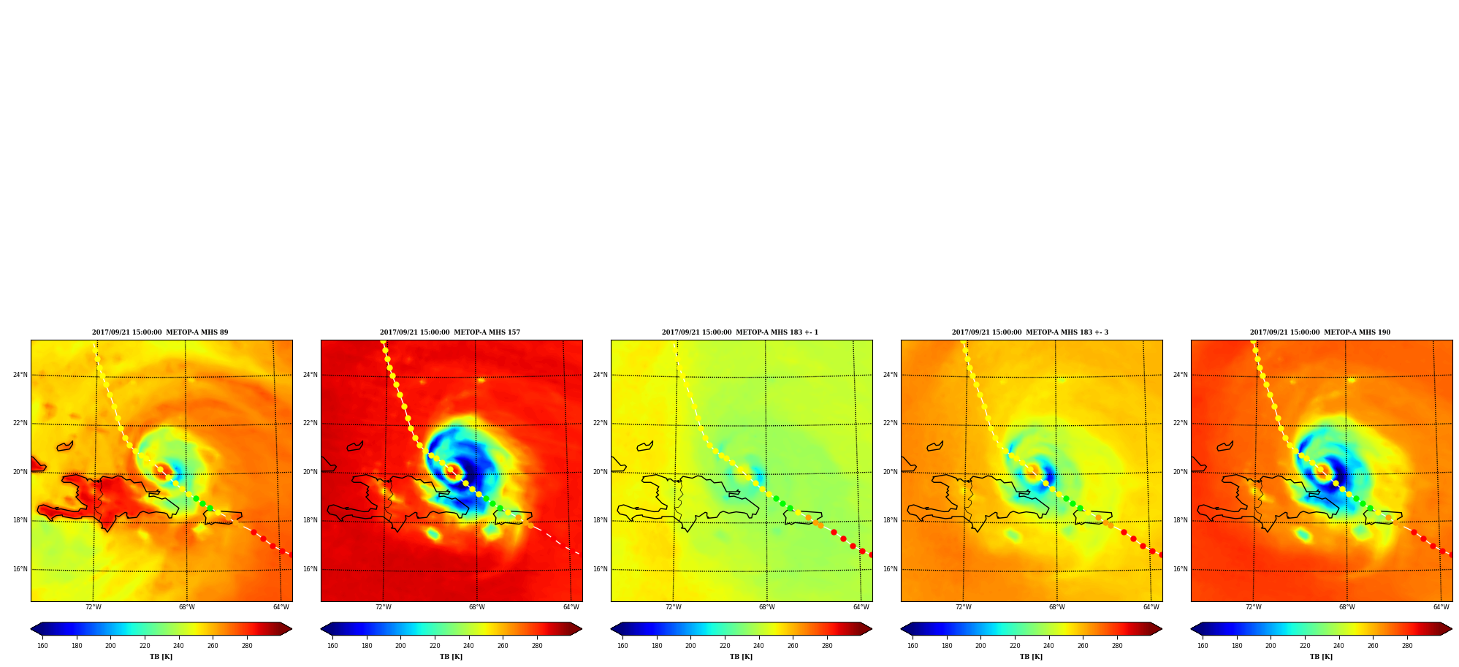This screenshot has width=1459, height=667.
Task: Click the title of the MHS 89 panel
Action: pyautogui.click(x=160, y=332)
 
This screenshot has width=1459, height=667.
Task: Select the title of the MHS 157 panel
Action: pyautogui.click(x=450, y=332)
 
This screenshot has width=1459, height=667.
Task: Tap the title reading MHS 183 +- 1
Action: pyautogui.click(x=740, y=332)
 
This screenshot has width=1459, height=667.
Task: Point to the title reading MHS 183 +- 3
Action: pyautogui.click(x=1030, y=332)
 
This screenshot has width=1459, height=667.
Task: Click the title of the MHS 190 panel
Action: pyautogui.click(x=1320, y=332)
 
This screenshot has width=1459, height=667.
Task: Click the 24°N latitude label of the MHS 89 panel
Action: pyautogui.click(x=20, y=375)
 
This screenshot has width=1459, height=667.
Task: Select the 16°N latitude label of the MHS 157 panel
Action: pyautogui.click(x=310, y=569)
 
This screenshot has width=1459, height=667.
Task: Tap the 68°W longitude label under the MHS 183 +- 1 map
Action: pyautogui.click(x=767, y=607)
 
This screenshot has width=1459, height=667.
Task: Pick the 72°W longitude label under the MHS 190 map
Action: pyautogui.click(x=1254, y=607)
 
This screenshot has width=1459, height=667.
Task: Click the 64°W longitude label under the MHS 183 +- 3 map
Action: pyautogui.click(x=1151, y=607)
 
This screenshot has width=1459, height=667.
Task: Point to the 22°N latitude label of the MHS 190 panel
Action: pyautogui.click(x=1180, y=423)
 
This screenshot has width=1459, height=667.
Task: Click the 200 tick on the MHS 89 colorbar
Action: pyautogui.click(x=110, y=646)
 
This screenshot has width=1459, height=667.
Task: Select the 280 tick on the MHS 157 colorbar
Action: pyautogui.click(x=537, y=646)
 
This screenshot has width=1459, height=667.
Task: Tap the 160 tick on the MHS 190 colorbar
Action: pyautogui.click(x=1203, y=646)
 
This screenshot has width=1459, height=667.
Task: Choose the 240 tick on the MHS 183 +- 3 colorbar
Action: pyautogui.click(x=1048, y=646)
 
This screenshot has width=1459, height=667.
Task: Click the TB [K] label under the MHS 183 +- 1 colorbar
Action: pyautogui.click(x=741, y=657)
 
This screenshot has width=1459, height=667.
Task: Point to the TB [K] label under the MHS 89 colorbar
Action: pyautogui.click(x=161, y=657)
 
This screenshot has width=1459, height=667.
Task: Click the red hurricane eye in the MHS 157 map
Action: pyautogui.click(x=452, y=470)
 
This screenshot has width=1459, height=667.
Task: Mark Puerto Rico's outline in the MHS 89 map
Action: pyautogui.click(x=222, y=517)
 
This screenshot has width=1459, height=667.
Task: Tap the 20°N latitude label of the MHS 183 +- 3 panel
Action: pyautogui.click(x=890, y=472)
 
